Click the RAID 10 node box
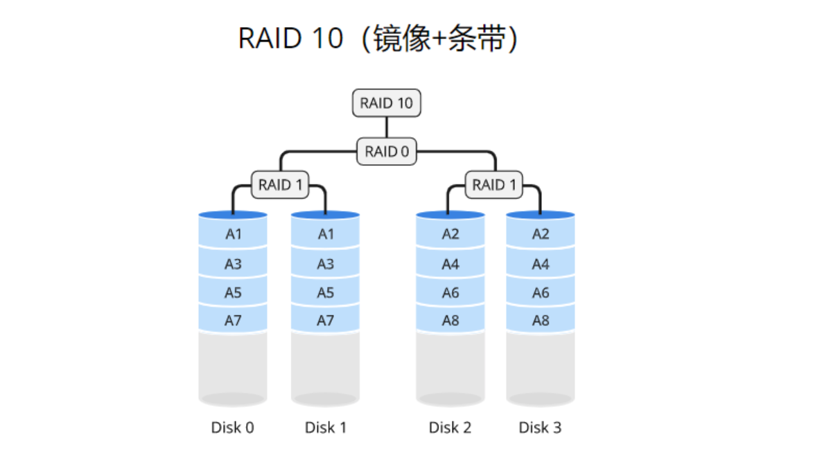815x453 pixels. (x=386, y=104)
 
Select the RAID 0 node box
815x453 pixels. (x=386, y=152)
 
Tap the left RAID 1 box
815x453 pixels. (x=279, y=185)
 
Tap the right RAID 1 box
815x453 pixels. (x=493, y=185)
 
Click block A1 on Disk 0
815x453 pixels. (x=233, y=234)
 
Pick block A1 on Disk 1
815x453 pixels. (x=325, y=234)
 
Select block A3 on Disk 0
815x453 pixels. (x=233, y=264)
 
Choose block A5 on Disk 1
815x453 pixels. (x=325, y=293)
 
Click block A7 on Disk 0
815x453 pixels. (x=233, y=321)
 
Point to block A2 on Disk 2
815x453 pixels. (x=450, y=234)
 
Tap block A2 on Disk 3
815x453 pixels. (x=541, y=234)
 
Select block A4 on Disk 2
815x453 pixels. (x=450, y=264)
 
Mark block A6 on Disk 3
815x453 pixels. (x=541, y=293)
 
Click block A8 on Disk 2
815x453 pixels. (x=450, y=321)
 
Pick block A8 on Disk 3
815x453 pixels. (x=541, y=321)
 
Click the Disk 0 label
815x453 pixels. (x=233, y=427)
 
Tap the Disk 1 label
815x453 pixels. (x=325, y=427)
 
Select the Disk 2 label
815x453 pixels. (x=450, y=427)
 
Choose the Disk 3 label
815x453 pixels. (x=541, y=427)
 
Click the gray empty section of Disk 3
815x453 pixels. (x=541, y=366)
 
